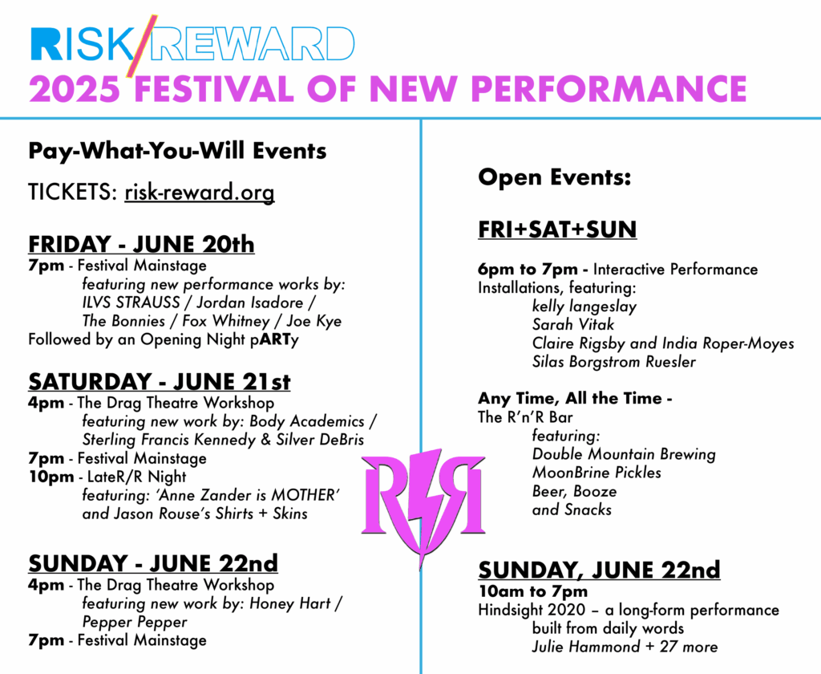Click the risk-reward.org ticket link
coord(200,193)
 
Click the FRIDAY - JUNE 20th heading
coord(141,244)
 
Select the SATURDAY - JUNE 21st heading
coord(160,382)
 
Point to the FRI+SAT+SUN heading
coord(557,229)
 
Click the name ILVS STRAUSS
coord(131,303)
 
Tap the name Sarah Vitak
coord(573,324)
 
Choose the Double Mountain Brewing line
coord(624,454)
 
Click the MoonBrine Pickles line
coord(597,473)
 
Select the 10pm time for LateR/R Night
coord(51,477)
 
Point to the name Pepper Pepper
coord(135,622)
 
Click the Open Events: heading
coord(555,177)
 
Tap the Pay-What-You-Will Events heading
coord(177,151)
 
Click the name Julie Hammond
coord(586,647)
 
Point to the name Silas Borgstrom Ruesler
coord(614,362)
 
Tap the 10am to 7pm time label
coord(533,591)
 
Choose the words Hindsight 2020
coord(532,610)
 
